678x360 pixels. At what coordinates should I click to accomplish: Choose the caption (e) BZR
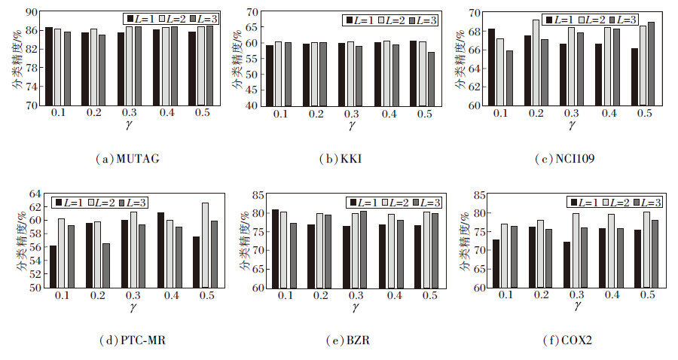click(x=349, y=340)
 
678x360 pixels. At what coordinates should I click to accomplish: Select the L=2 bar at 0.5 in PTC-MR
click(x=205, y=245)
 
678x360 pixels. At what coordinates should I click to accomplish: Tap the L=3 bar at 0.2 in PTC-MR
click(x=106, y=265)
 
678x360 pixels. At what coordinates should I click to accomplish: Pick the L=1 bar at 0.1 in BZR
click(x=276, y=249)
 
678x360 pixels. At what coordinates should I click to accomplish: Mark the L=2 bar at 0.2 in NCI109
click(x=536, y=63)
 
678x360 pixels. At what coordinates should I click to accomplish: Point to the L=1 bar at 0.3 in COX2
click(x=566, y=264)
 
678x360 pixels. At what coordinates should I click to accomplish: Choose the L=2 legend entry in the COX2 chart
click(x=616, y=202)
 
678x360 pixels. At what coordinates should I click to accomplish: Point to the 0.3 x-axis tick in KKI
click(x=351, y=113)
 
